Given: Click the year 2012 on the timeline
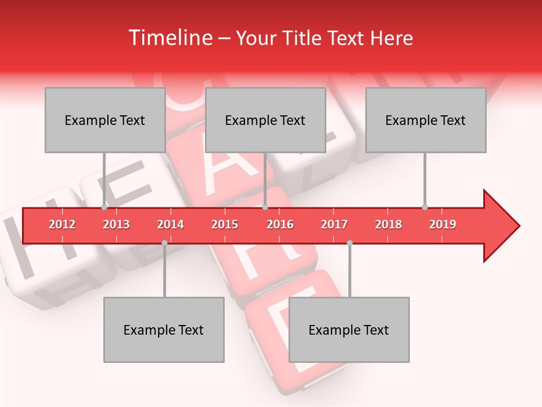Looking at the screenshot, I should (62, 224).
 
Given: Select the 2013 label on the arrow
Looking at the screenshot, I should (116, 224).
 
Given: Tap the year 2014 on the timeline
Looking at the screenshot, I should (171, 224).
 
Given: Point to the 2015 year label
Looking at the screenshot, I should (225, 224).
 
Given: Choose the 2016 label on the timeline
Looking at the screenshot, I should (280, 224).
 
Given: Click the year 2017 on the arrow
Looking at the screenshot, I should (334, 224).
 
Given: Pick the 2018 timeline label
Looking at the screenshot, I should (388, 224).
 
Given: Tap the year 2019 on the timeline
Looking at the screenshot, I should (443, 224).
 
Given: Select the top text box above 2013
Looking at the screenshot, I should (105, 120).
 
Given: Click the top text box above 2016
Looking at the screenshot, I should (265, 120).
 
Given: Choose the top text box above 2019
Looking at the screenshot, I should (426, 120).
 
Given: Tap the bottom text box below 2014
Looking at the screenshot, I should (164, 330).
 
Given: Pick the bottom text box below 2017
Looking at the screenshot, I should (349, 330).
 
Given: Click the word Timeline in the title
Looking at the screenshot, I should (170, 38).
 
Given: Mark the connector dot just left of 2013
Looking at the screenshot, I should (104, 207).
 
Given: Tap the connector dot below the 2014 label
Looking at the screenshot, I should (164, 243).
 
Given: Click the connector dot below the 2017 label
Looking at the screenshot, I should (349, 243).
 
